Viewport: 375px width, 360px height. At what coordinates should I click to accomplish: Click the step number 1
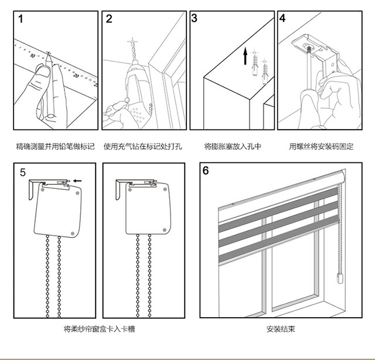coord(22,19)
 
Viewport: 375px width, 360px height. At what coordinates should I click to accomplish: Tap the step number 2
coord(109,19)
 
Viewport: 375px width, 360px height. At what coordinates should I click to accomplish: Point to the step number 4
coord(282,18)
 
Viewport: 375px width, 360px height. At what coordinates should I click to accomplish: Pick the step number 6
coord(206,171)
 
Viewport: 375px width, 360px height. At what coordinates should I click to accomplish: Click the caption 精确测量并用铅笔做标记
coord(54,146)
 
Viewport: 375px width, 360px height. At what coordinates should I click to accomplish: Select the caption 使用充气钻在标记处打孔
coord(142,146)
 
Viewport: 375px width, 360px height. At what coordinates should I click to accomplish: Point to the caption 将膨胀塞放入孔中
coord(233,146)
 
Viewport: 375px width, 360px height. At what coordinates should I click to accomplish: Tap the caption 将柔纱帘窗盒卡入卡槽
coord(101,330)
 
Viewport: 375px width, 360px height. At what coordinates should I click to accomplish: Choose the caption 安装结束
coord(281,330)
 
